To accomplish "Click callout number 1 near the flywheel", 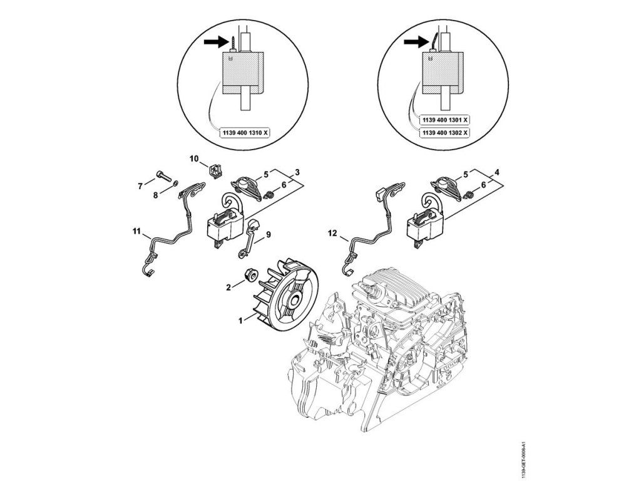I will tap(240, 319).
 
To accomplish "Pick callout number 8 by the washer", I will tap(156, 195).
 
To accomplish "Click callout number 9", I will tap(269, 235).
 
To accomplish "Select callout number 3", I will tap(297, 172).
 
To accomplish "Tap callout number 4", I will tap(496, 172).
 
